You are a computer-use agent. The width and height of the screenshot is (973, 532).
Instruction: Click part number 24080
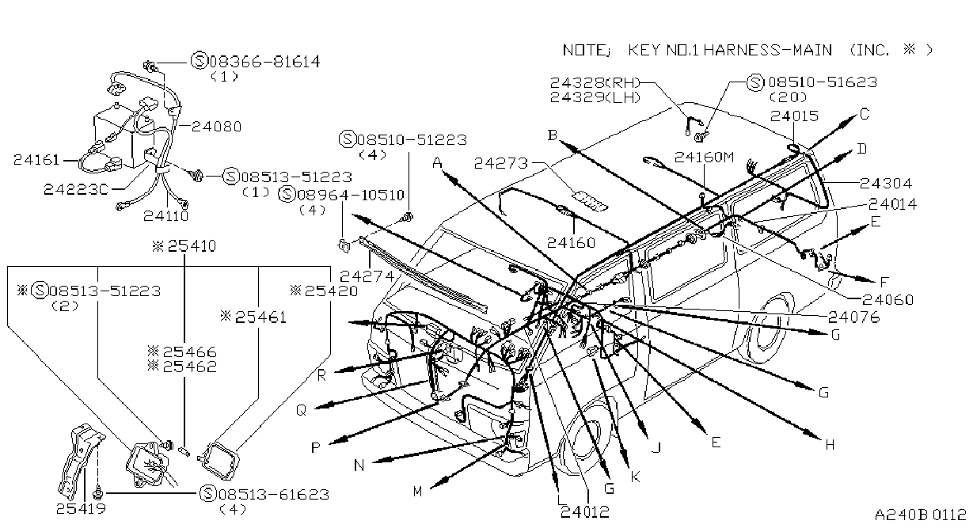point(216,127)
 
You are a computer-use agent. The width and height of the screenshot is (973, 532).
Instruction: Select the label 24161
point(36,160)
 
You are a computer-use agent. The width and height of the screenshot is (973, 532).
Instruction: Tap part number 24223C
point(76,189)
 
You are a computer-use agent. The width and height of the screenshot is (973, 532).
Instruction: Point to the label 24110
point(166,215)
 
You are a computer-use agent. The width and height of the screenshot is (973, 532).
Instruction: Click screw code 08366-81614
point(264,62)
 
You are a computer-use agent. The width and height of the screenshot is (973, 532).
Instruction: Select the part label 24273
point(501,163)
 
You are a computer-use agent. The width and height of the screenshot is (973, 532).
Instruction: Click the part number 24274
point(367,276)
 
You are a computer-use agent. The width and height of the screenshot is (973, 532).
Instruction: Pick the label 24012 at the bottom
point(585,512)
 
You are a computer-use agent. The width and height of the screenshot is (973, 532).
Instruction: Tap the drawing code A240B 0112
point(921,515)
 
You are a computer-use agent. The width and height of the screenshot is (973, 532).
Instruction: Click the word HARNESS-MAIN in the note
point(767,51)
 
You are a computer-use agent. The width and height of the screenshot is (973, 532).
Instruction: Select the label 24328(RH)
point(595,82)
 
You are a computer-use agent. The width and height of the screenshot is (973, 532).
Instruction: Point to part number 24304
point(886,184)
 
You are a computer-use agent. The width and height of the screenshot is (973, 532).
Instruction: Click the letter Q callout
point(301,410)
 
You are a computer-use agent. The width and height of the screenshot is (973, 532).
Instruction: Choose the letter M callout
point(417,492)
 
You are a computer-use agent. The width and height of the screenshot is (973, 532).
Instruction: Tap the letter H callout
point(830,445)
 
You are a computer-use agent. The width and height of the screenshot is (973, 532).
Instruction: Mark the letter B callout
point(552,135)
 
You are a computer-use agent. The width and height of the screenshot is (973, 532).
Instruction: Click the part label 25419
point(82,508)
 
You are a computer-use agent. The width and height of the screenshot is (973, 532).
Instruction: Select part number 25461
point(260,317)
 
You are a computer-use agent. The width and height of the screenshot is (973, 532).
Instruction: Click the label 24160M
point(704,157)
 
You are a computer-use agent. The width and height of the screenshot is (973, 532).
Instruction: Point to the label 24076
point(854,317)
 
